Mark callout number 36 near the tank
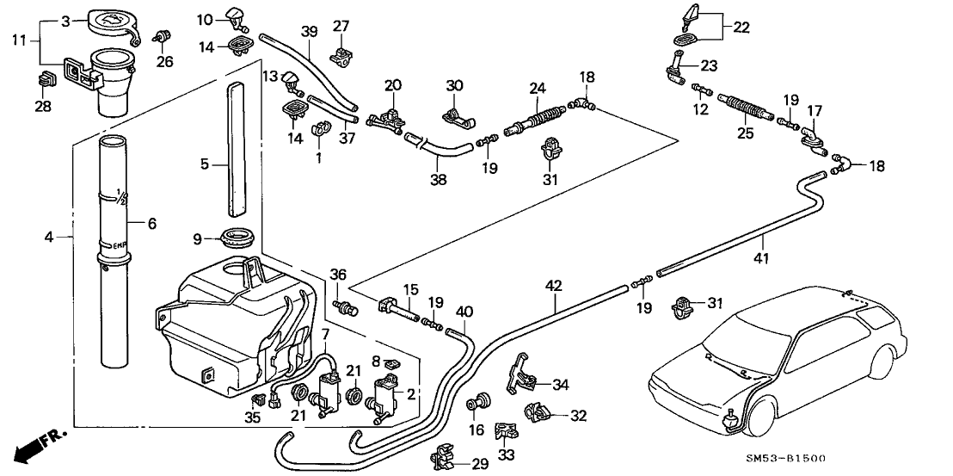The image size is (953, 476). (x=338, y=275)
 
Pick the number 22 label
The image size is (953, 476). (x=741, y=28)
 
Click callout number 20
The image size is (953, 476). (x=393, y=85)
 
